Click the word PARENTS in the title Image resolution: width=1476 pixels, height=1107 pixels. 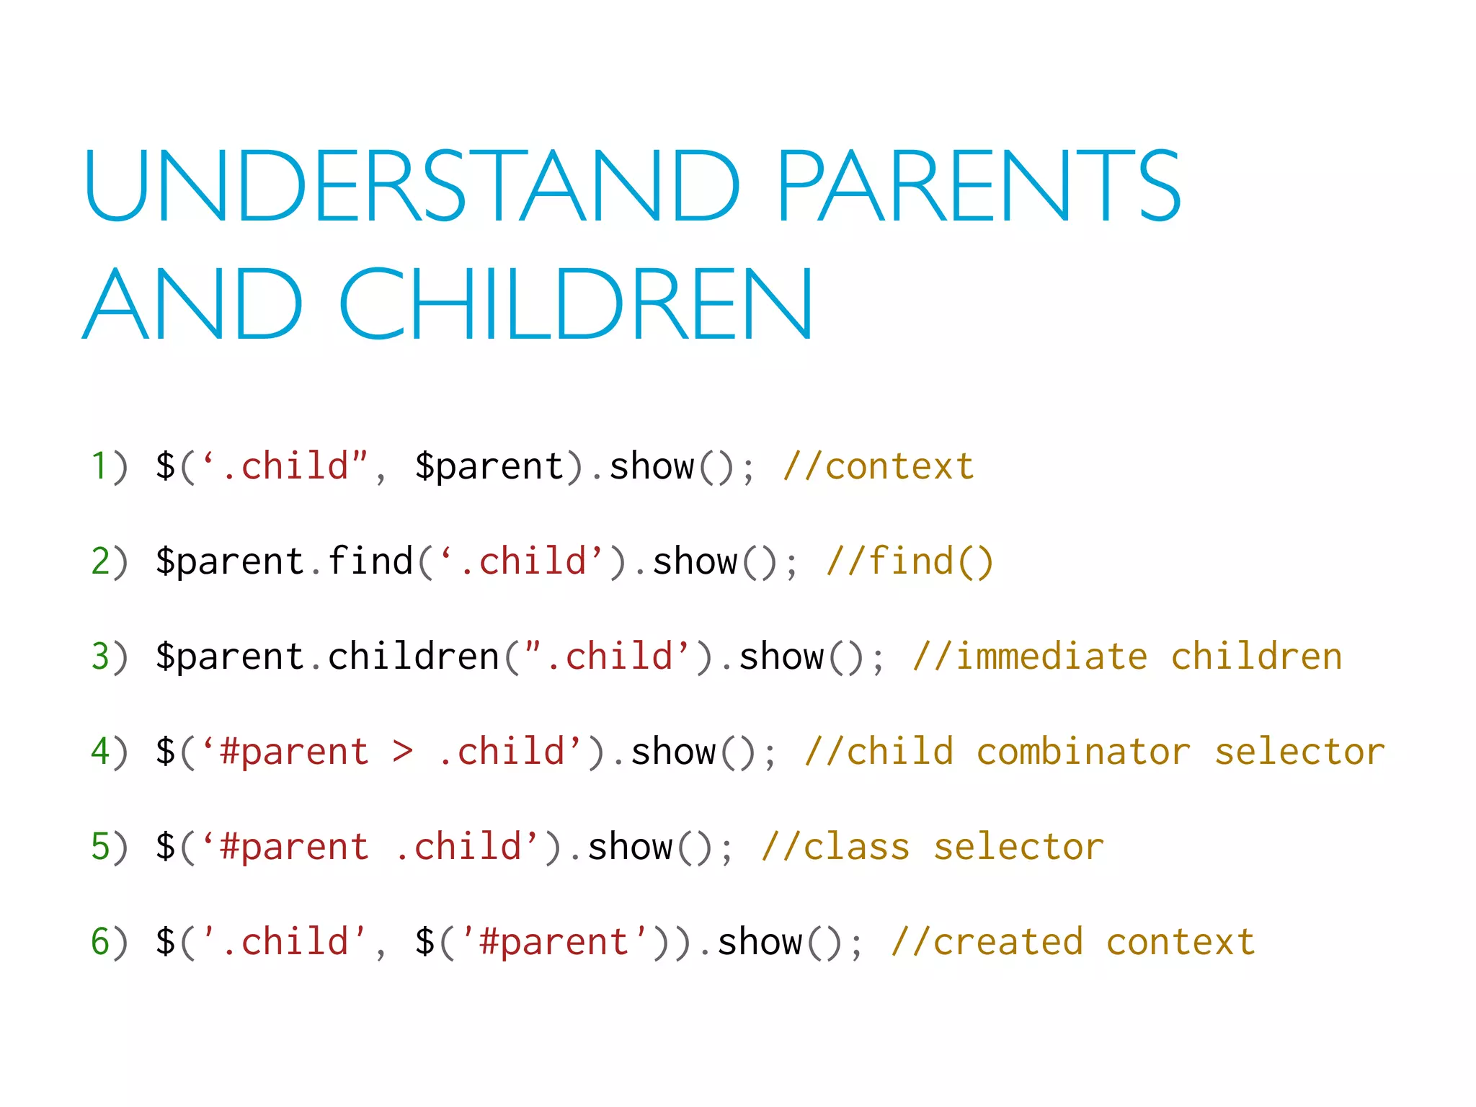point(978,186)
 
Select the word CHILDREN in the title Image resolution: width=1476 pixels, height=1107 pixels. point(577,304)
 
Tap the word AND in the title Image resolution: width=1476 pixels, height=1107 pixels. point(193,304)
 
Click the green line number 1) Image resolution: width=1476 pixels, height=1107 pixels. point(108,466)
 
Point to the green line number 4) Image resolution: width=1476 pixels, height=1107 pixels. point(108,751)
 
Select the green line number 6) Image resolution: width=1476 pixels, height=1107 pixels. point(108,941)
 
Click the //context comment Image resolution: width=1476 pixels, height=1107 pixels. point(878,466)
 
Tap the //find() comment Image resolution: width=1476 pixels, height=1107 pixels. point(910,561)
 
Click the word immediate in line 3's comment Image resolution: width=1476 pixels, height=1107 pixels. point(1051,656)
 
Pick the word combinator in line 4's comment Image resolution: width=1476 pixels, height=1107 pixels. point(1082,751)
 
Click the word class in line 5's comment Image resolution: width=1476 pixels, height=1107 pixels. point(856,846)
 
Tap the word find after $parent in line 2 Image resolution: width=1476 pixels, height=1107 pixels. point(370,561)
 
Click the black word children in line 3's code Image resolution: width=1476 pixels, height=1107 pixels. point(414,656)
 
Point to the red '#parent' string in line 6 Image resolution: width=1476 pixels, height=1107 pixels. point(553,941)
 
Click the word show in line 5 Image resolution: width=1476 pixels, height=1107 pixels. point(630,846)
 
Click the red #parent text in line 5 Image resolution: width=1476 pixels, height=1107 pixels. point(294,848)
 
